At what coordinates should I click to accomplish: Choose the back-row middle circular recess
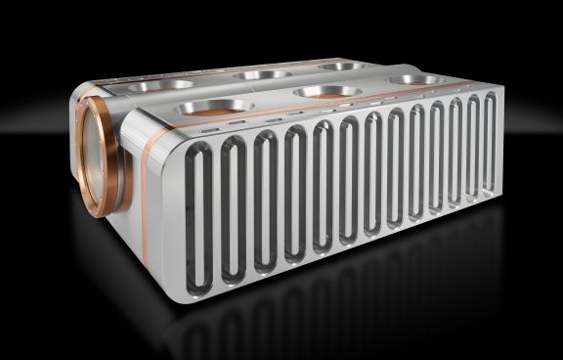pos(262,74)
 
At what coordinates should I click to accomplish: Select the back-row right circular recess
pos(342,66)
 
